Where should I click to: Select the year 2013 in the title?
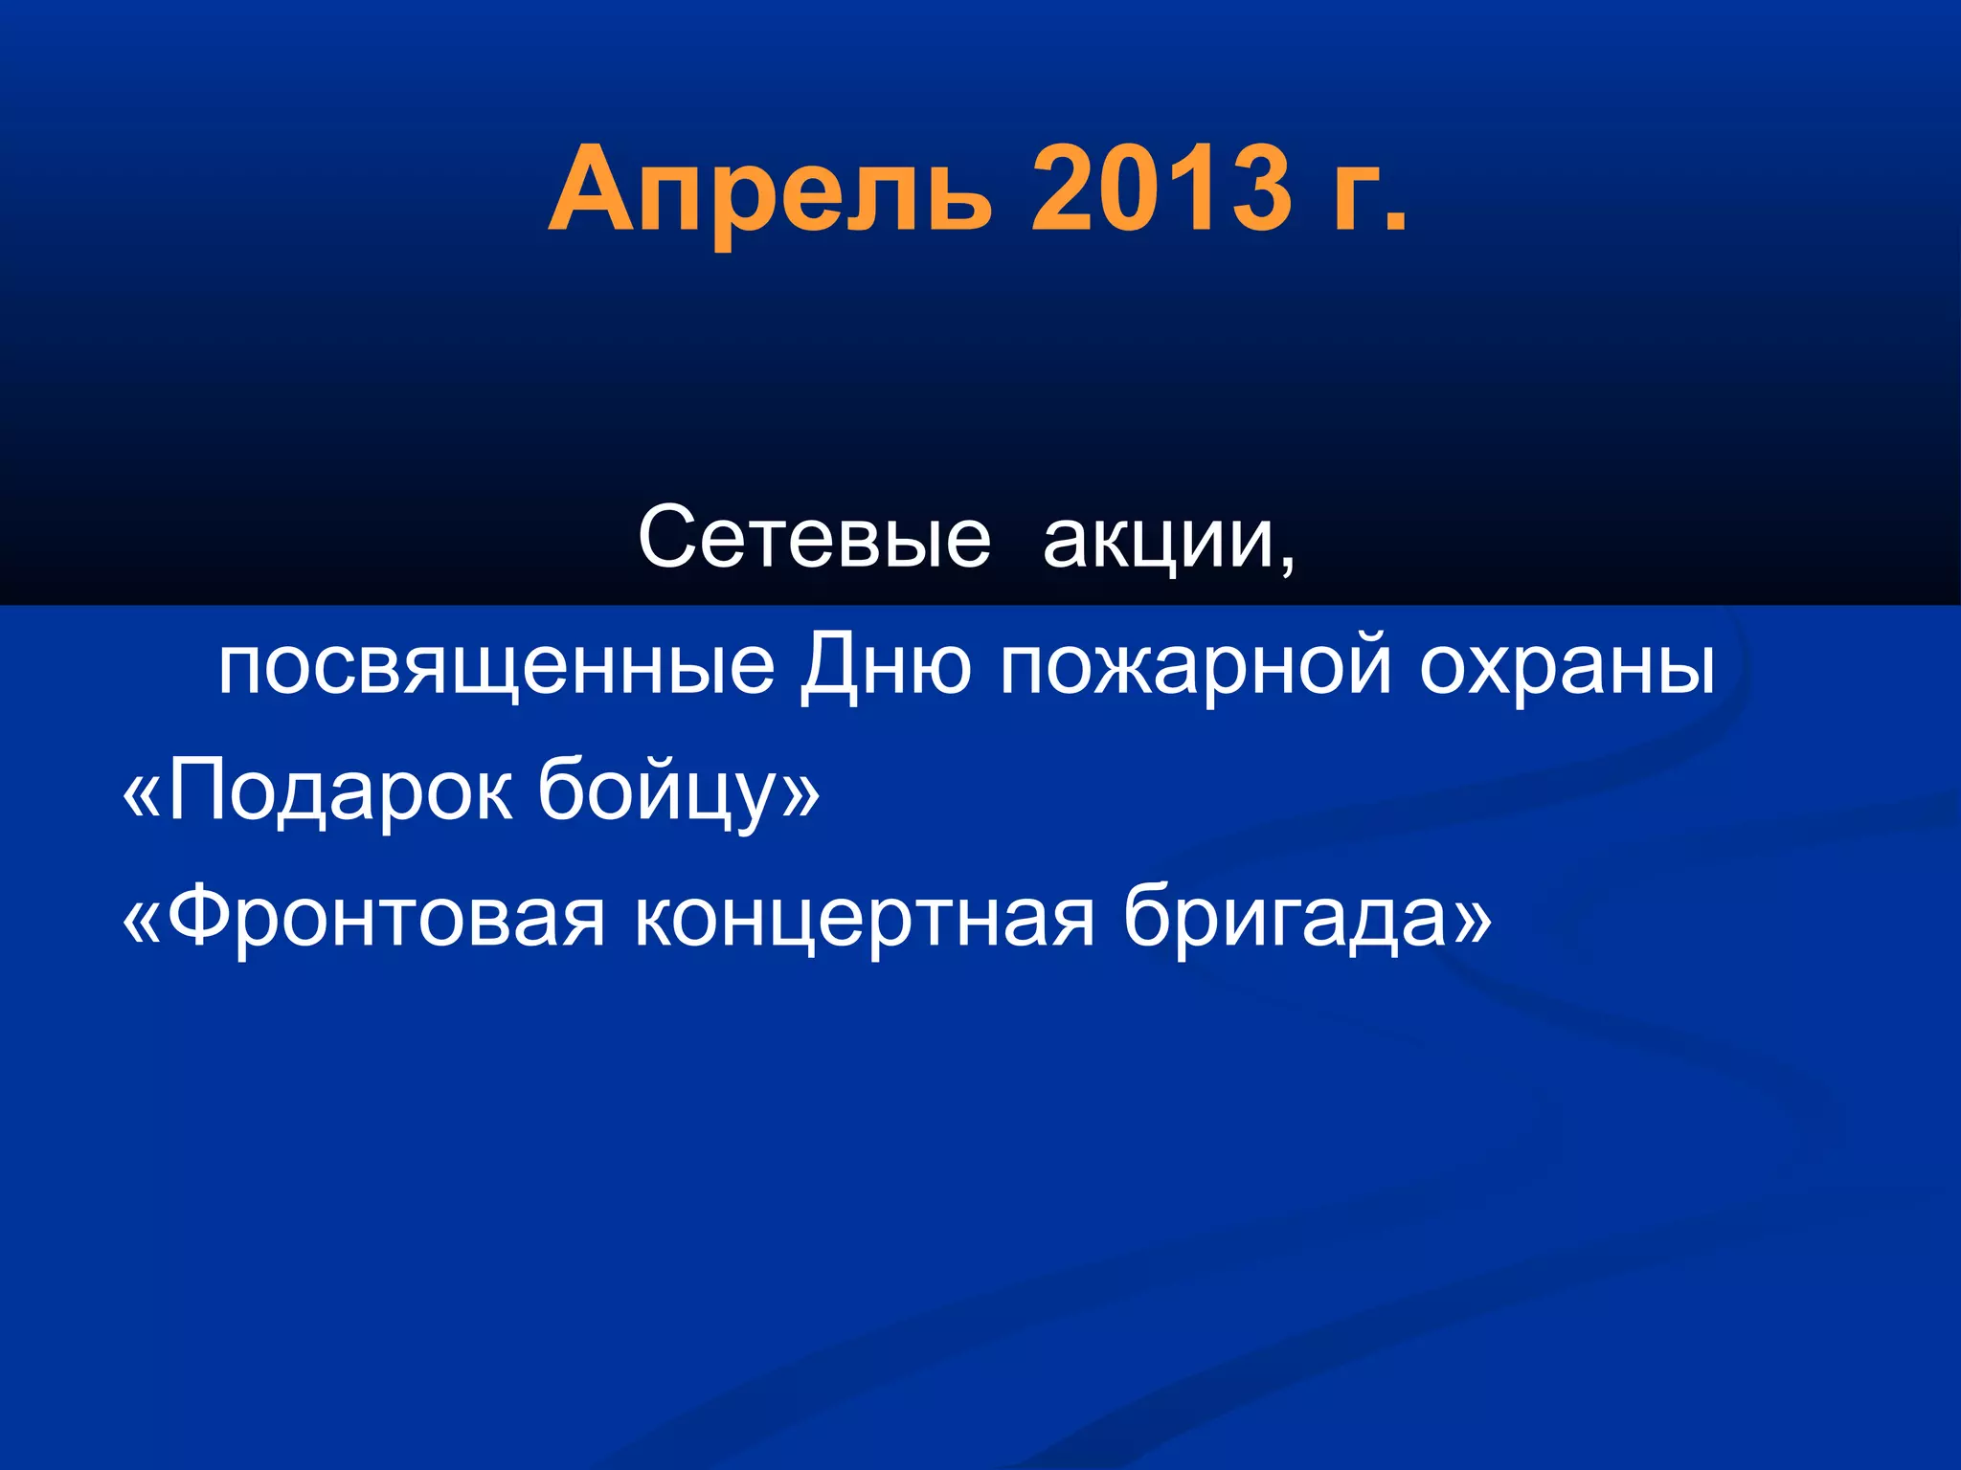1161,189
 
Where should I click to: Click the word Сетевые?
814,538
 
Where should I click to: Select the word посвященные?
496,667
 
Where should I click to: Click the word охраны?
1567,667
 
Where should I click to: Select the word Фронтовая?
386,916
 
